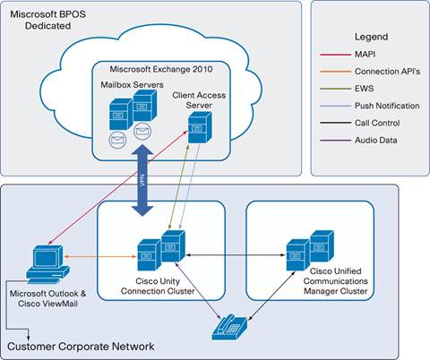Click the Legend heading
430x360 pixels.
tap(370, 37)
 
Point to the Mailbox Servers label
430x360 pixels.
tap(128, 84)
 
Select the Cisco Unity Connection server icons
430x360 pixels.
tap(159, 251)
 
